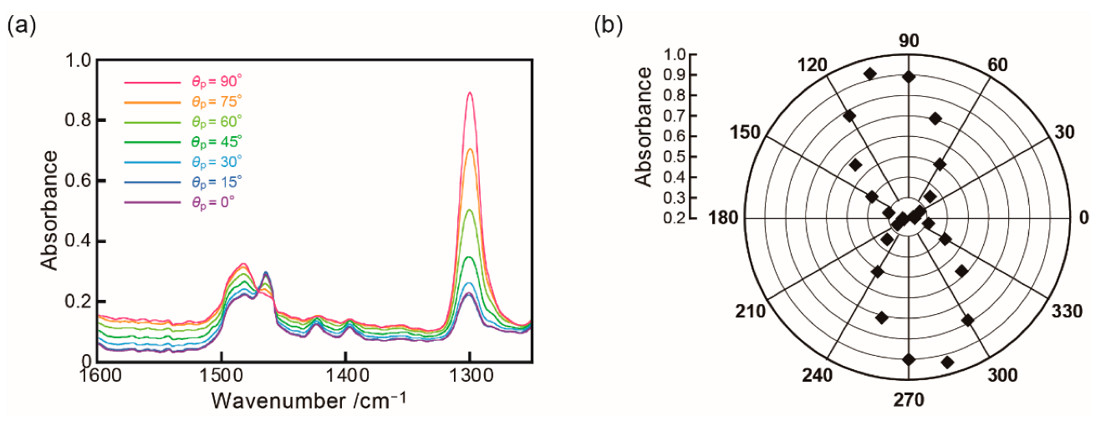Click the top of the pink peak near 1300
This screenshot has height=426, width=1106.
[x=470, y=93]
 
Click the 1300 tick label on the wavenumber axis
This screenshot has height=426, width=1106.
[x=470, y=378]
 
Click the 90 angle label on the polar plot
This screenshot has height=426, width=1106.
[x=909, y=42]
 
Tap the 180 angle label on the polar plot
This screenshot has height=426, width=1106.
[x=722, y=218]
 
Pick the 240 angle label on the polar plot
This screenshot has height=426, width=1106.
[x=817, y=374]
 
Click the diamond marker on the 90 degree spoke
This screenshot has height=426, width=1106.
[x=909, y=77]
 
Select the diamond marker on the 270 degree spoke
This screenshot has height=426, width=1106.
[x=909, y=359]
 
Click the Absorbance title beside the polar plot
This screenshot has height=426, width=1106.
[x=643, y=127]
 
